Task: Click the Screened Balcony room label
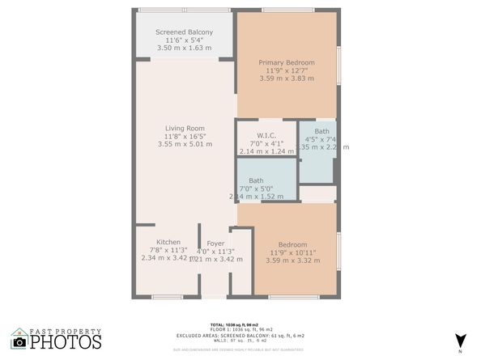click(185, 32)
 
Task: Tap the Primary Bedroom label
click(286, 62)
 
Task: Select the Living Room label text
click(185, 128)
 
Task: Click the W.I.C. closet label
click(267, 135)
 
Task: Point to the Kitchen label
click(168, 242)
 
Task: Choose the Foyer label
click(215, 242)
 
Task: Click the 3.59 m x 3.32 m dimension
click(292, 260)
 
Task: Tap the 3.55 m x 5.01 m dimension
click(185, 144)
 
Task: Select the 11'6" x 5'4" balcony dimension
click(185, 40)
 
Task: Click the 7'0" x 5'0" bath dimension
click(256, 188)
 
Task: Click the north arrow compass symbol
click(460, 340)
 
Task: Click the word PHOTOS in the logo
click(67, 342)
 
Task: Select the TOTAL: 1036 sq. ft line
click(240, 324)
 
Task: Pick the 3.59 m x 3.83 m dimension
click(286, 78)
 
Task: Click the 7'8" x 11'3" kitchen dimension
click(168, 250)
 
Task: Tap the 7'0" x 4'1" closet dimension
click(267, 143)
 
